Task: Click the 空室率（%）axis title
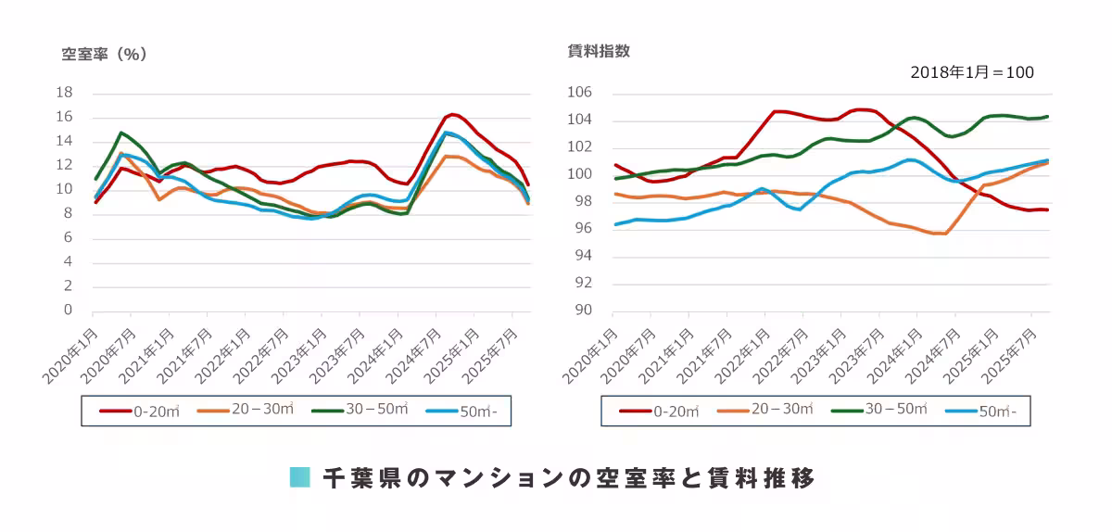click(105, 55)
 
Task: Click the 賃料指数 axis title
click(599, 52)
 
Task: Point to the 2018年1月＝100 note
click(971, 72)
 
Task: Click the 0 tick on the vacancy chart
click(68, 310)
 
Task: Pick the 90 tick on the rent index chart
click(582, 310)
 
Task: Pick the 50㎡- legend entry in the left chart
click(467, 412)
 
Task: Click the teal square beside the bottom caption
click(299, 478)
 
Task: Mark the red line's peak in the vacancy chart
click(453, 114)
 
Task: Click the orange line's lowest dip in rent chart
click(941, 234)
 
